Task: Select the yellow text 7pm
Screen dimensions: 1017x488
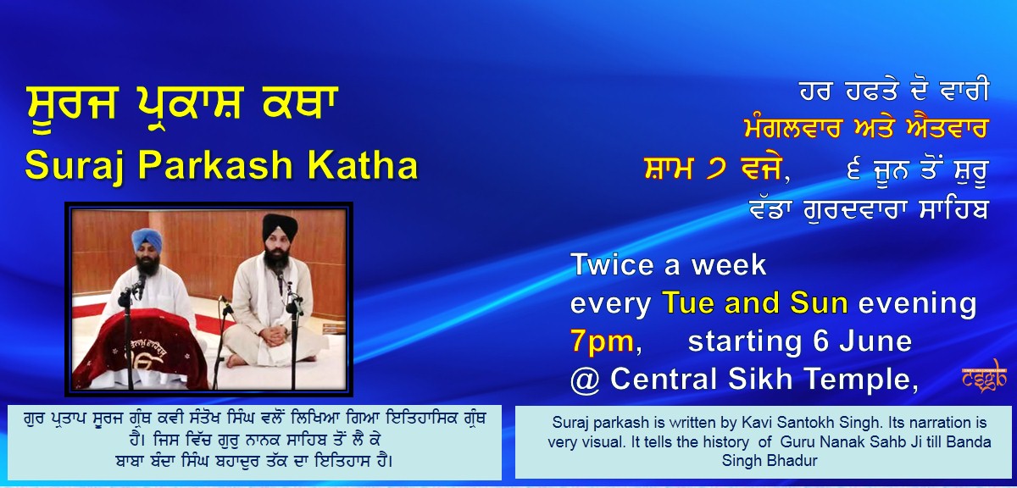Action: (602, 341)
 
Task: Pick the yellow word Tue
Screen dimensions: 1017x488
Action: (689, 302)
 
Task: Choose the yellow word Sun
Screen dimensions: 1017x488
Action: (819, 302)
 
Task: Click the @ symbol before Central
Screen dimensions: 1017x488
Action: (585, 380)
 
